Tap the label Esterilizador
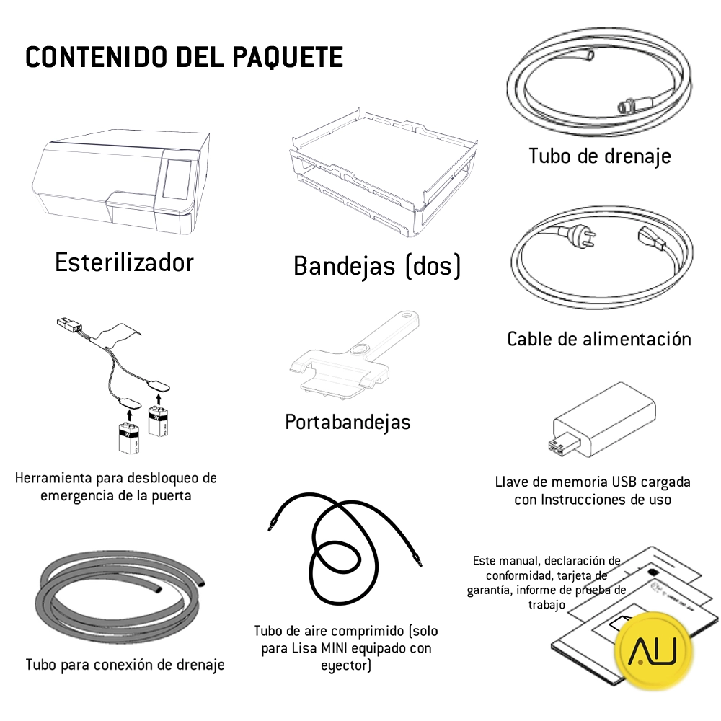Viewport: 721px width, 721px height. tap(124, 262)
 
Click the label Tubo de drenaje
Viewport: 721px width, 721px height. tap(599, 156)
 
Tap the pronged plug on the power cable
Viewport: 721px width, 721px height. tap(569, 235)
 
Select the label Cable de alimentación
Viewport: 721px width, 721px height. tap(598, 339)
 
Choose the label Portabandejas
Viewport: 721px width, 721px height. tap(348, 421)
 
